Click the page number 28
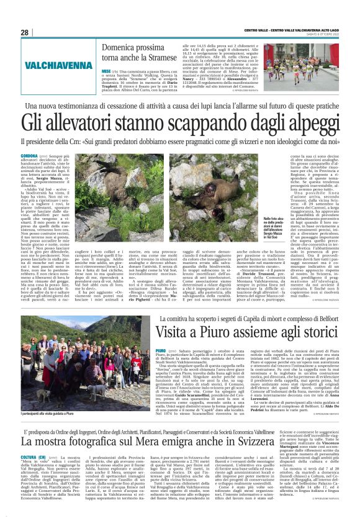click(x=25, y=32)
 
